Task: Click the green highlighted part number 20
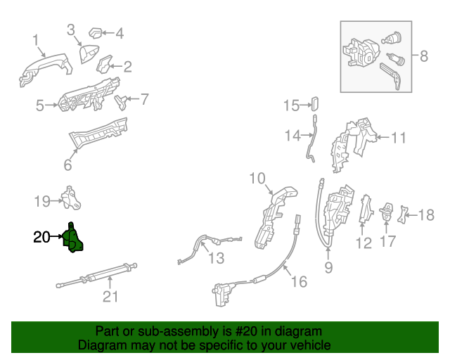click(72, 238)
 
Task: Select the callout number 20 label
click(41, 238)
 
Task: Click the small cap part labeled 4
click(96, 32)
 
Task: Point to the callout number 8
click(423, 56)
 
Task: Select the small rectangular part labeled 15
click(314, 105)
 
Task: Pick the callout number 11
click(399, 139)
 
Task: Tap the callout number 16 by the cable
click(300, 281)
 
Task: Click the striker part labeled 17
click(387, 212)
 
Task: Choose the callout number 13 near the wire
click(216, 258)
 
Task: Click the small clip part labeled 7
click(122, 101)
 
